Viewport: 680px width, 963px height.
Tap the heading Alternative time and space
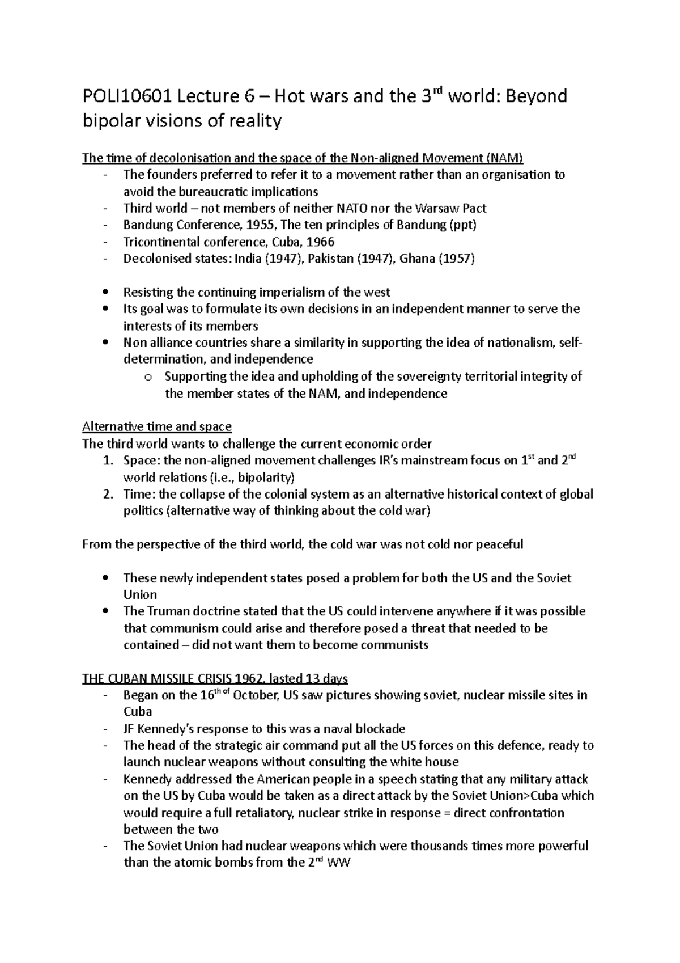pos(157,426)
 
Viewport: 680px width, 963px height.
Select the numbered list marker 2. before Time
pos(108,494)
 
